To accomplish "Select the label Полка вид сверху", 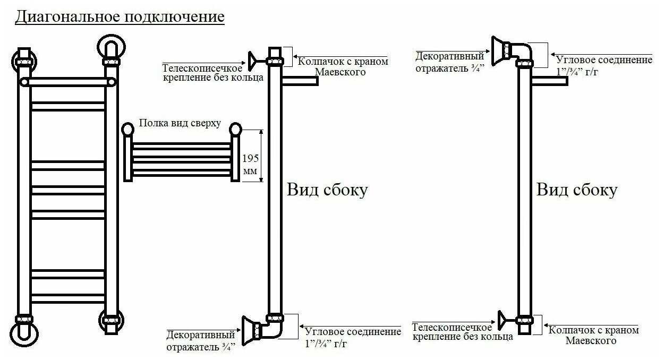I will point(180,123).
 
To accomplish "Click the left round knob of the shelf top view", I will point(127,128).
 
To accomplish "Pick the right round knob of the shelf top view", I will point(236,128).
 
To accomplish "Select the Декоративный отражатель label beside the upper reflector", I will point(449,61).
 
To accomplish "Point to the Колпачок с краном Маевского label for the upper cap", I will point(343,66).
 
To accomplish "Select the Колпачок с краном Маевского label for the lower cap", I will point(593,335).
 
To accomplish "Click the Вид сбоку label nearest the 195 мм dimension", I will point(327,190).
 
